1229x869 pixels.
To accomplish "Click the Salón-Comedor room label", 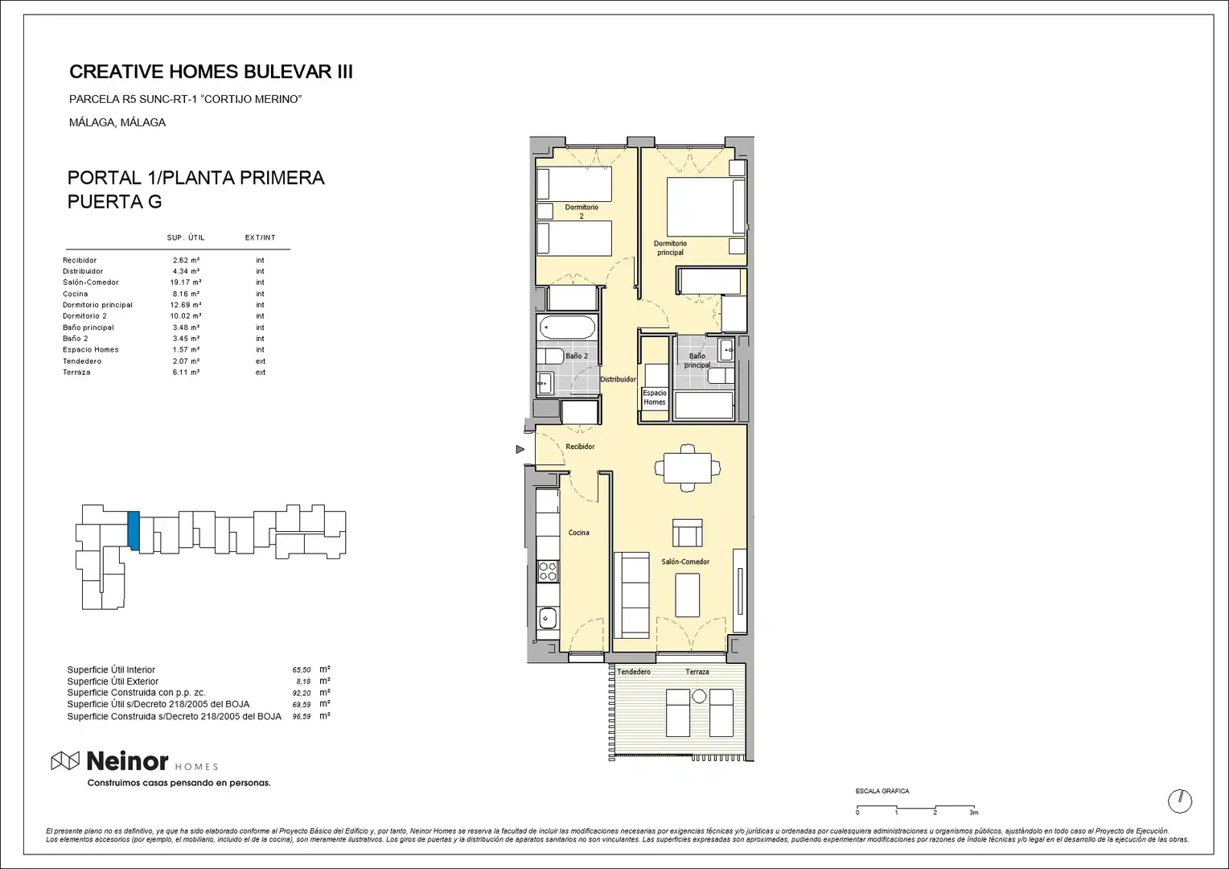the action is pos(685,562).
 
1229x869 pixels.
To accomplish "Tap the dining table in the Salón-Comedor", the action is pos(688,467).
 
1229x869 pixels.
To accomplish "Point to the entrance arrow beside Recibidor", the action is pos(520,450).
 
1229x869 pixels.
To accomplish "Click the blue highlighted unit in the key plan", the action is pos(134,530).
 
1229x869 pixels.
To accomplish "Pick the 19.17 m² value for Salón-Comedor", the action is pos(186,282).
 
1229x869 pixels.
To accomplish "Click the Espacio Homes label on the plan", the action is pos(655,397).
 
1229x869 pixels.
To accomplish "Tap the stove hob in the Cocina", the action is pos(548,571).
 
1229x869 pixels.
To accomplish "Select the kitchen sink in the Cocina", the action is pos(547,619).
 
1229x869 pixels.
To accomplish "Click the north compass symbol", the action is pos(1180,801).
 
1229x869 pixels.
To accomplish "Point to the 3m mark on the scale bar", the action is pos(974,813).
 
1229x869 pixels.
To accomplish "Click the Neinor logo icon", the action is pos(65,761).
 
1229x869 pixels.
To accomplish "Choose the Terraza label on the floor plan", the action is pos(697,671).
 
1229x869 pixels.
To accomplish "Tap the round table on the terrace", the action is pos(699,697).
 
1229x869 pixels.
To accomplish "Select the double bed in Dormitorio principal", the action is pos(705,207).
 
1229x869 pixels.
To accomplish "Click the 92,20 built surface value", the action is pos(301,693).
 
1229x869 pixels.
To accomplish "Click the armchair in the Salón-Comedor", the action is pos(688,533).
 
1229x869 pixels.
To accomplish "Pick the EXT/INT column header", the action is pos(260,237).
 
